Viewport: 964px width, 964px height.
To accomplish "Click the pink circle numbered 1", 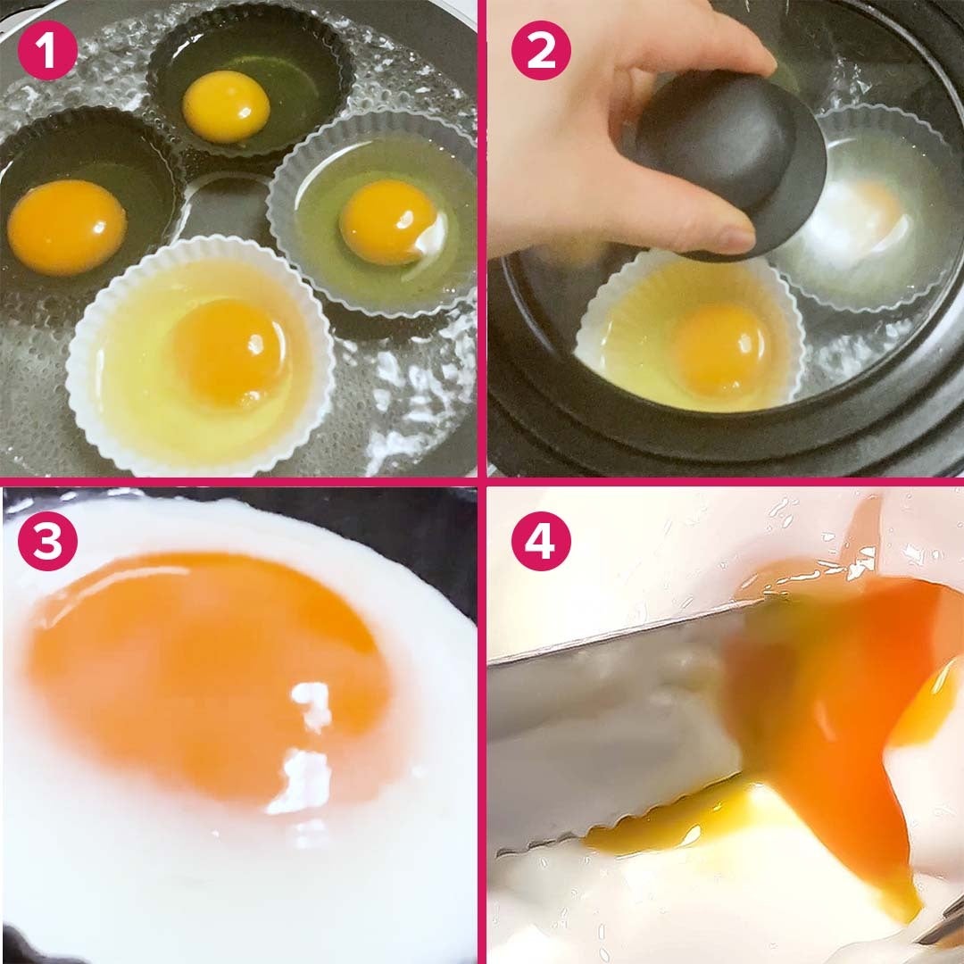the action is click(47, 50).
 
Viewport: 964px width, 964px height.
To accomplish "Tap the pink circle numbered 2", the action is click(541, 50).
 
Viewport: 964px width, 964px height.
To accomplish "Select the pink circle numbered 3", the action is click(47, 541).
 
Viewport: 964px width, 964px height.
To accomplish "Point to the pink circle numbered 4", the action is click(541, 541).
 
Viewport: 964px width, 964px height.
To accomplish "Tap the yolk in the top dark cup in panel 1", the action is click(226, 105).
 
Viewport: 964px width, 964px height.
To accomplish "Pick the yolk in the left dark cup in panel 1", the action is click(66, 226).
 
